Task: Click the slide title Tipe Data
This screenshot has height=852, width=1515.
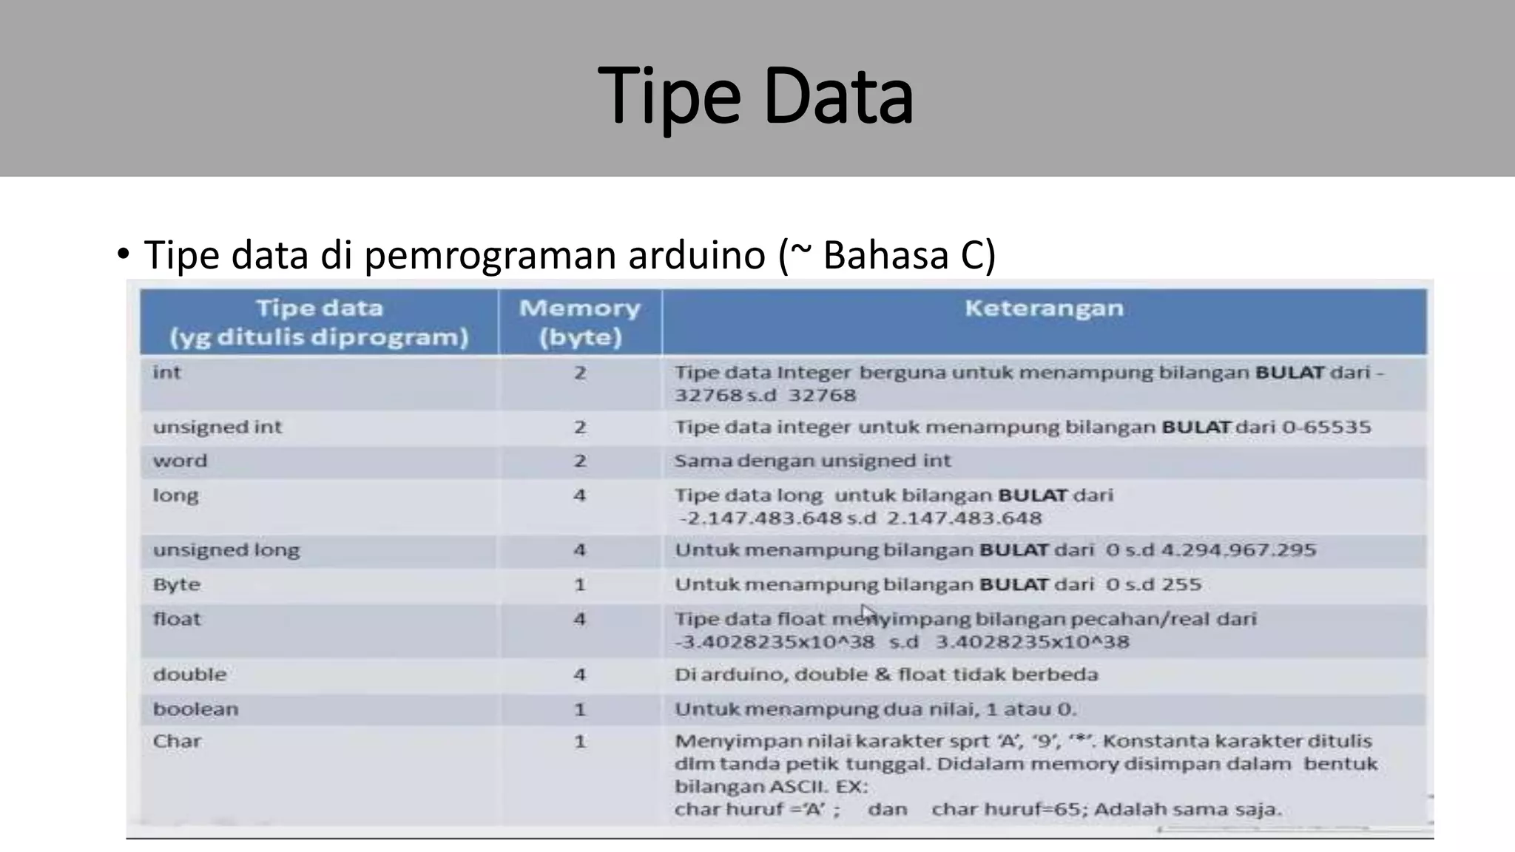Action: point(755,96)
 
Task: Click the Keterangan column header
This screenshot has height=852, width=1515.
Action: point(1044,308)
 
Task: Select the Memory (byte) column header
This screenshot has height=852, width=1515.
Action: point(579,322)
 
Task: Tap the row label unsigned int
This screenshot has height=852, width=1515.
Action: point(217,427)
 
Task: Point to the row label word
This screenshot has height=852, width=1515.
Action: point(180,461)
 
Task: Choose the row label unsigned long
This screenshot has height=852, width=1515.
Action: point(226,550)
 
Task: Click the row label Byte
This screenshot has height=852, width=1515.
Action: point(177,584)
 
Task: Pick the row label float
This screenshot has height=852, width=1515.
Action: point(177,619)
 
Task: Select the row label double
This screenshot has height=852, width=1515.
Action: point(190,674)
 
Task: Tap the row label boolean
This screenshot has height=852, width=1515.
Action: point(196,709)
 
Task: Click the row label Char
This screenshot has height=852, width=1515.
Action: point(177,741)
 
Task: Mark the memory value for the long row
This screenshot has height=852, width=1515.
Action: point(579,495)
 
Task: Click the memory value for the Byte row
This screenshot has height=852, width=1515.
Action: point(579,585)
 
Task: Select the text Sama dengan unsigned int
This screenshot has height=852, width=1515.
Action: point(812,461)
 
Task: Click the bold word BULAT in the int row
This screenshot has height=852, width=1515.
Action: point(1289,372)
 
